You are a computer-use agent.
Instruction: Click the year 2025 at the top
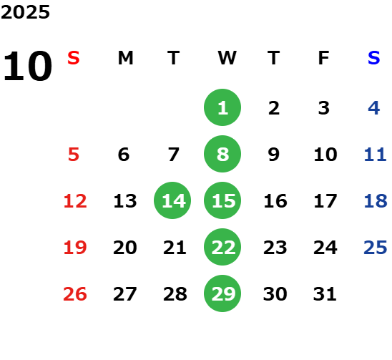(25, 12)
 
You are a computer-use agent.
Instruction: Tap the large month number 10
(28, 66)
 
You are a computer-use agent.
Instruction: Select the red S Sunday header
(74, 58)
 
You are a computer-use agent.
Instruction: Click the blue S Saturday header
(374, 58)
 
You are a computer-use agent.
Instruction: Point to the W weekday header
(227, 58)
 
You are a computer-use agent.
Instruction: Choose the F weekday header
(324, 58)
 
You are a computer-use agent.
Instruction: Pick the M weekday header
(125, 58)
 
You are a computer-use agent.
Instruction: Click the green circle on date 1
(222, 107)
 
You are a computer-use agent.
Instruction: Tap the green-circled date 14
(172, 200)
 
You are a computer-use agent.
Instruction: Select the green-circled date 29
(222, 293)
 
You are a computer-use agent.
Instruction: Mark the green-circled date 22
(222, 247)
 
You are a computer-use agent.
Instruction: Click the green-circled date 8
(222, 154)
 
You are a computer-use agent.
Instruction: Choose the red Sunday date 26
(75, 294)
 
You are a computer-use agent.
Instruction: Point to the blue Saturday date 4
(374, 108)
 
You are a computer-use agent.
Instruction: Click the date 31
(325, 294)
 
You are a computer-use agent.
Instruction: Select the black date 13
(125, 201)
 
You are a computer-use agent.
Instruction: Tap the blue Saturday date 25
(376, 248)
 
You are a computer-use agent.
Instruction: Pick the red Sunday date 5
(74, 155)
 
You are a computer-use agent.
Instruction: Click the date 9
(274, 155)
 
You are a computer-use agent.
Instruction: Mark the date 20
(125, 248)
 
